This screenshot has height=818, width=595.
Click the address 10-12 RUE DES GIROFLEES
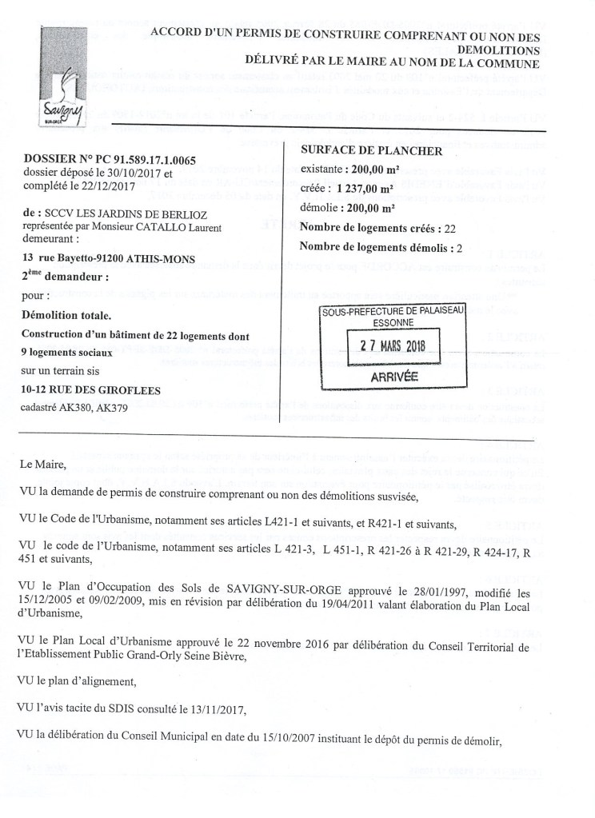92,389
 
